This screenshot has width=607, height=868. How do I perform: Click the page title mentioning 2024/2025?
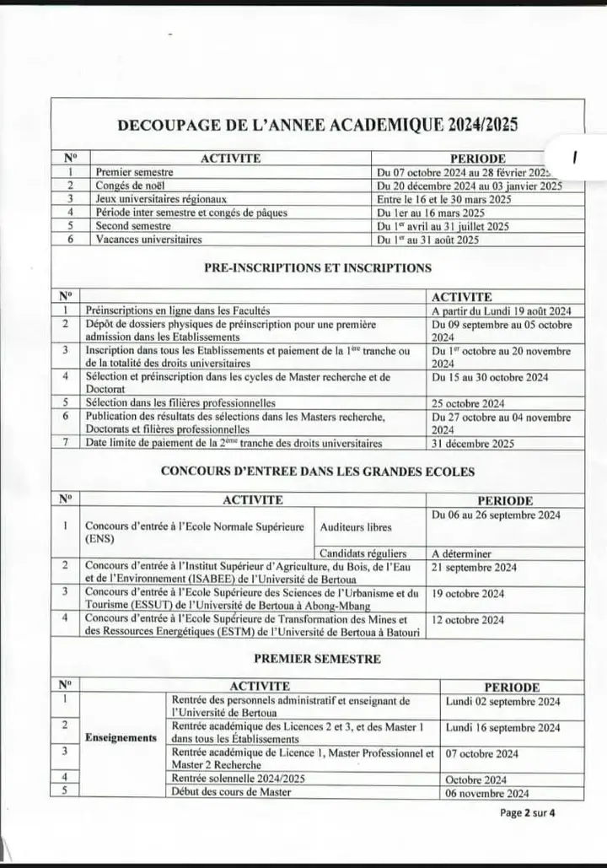[317, 125]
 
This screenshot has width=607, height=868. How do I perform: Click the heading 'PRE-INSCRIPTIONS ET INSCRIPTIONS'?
[317, 267]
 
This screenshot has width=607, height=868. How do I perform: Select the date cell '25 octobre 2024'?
[468, 403]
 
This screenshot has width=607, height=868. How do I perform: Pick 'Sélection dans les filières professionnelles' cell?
[180, 403]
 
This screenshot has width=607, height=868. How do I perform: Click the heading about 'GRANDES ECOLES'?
[317, 472]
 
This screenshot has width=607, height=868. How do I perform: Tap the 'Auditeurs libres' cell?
[356, 527]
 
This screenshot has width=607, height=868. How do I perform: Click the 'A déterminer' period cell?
[461, 553]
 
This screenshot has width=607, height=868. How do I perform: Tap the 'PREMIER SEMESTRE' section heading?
[317, 659]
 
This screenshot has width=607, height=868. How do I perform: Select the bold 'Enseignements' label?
[121, 738]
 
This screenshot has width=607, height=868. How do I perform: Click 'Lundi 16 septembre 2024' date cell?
[502, 727]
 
